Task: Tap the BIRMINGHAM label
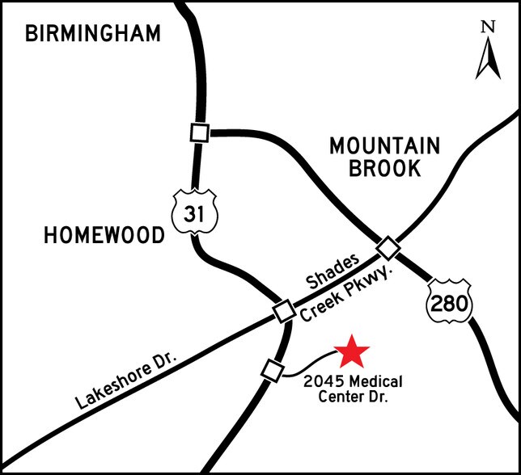click(93, 33)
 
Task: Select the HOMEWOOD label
click(104, 235)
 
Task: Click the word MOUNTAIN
click(385, 147)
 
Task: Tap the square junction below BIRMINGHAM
click(199, 132)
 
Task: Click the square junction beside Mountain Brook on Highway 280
click(388, 246)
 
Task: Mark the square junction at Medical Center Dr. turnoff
click(272, 371)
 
